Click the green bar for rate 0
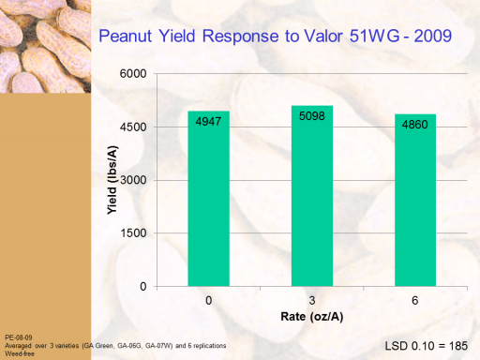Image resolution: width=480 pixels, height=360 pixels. pos(208,199)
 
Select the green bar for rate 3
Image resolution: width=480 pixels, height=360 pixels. pos(312,196)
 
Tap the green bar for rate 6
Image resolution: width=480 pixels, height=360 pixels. pos(415,200)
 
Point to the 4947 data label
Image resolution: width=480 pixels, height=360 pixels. pos(208,121)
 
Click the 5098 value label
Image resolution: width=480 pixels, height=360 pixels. pos(312,116)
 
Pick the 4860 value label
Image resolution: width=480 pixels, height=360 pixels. pos(414,125)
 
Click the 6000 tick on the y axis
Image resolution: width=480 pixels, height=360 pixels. pos(133,74)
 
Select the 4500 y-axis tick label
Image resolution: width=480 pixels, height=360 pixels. pos(133,127)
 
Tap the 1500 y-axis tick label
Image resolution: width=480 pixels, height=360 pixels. pos(133,233)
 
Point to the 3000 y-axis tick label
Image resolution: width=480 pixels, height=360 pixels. pos(133,180)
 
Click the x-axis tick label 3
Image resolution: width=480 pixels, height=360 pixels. pos(312,301)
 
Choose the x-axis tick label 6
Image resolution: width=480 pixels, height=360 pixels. pos(415,301)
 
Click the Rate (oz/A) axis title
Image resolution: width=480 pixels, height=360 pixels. pos(312,317)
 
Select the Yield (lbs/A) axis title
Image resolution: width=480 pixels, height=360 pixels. pos(112,180)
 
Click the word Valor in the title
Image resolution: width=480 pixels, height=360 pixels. pos(323,36)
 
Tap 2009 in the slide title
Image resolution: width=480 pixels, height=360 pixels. pos(433,36)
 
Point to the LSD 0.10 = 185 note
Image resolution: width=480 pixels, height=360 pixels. pos(427,346)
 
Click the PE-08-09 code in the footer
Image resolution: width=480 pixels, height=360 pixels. pos(19,337)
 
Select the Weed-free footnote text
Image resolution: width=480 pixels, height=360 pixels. pos(20,353)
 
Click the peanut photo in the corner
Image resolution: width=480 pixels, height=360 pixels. pos(46,46)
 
